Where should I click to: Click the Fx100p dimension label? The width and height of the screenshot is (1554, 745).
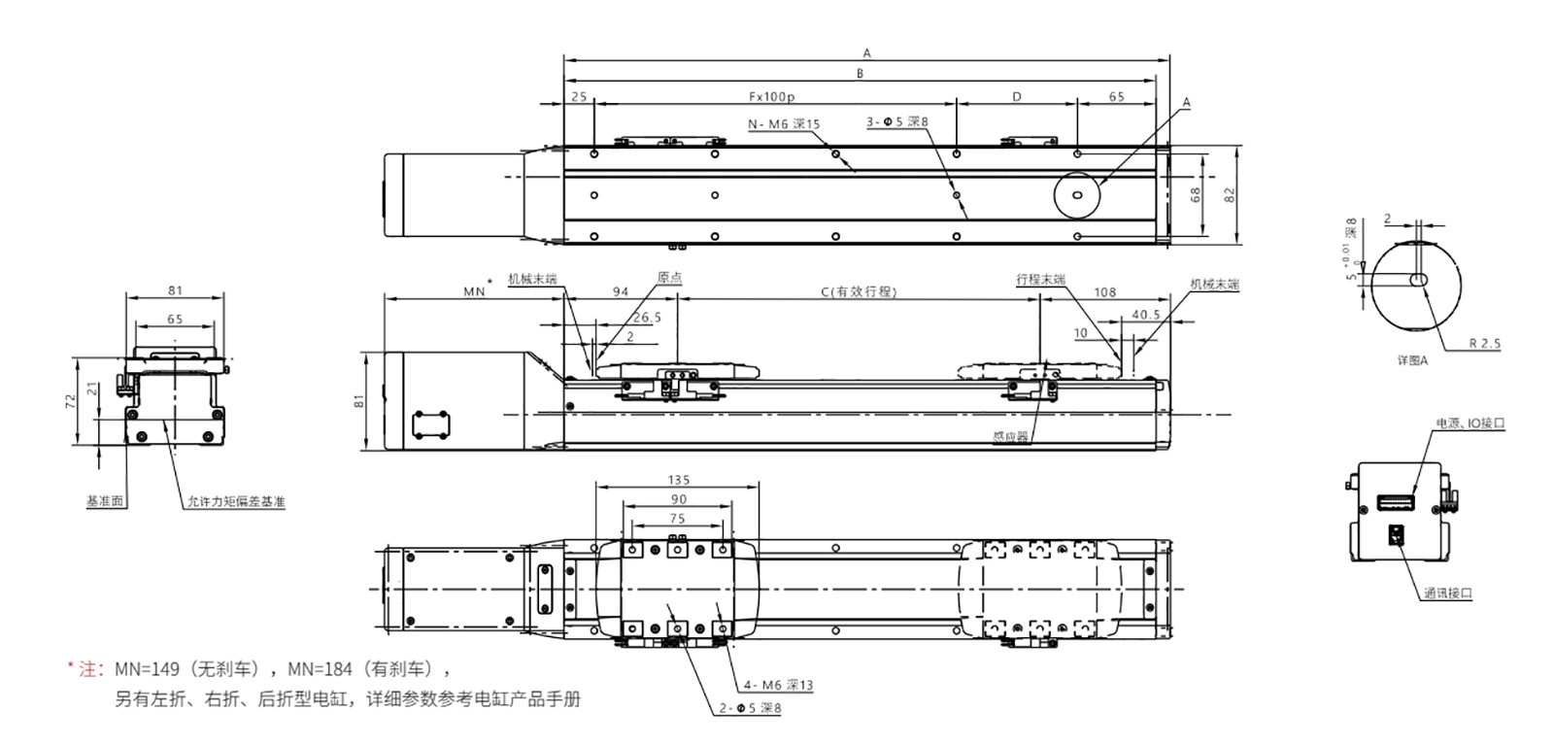[x=772, y=97]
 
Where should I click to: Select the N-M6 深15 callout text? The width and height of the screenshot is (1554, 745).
[x=784, y=124]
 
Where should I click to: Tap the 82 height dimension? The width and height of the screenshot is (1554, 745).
[x=1230, y=194]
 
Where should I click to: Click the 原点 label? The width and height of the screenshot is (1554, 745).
[x=669, y=278]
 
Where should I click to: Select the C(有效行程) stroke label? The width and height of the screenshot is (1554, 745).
[x=858, y=291]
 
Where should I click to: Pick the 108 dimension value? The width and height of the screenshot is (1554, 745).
[x=1104, y=291]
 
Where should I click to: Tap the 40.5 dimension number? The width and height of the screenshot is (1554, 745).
[x=1146, y=315]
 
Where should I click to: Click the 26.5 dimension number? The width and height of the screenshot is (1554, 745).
[x=647, y=318]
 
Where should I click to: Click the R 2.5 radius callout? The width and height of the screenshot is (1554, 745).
[x=1484, y=343]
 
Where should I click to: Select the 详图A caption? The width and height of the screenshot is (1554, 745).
[x=1413, y=360]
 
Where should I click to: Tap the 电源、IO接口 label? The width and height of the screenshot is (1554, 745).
[x=1470, y=424]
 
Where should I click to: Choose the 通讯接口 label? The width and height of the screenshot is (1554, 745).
[x=1448, y=593]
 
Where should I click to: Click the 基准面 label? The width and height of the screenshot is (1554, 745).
[x=104, y=502]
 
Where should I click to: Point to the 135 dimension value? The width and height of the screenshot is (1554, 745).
[x=680, y=480]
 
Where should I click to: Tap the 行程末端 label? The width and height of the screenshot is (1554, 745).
[x=1040, y=280]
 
